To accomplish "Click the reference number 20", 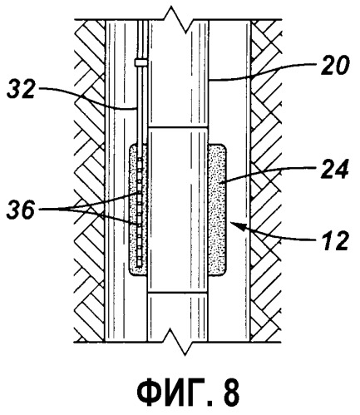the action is (335, 65).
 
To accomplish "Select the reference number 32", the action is (21, 89).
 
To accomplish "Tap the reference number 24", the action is (334, 170).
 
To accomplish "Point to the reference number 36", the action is (21, 210).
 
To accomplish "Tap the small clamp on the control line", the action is (141, 62).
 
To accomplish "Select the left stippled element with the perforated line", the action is (138, 210).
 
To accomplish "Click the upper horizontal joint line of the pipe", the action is (178, 128).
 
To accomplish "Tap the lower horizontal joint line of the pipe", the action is (178, 292).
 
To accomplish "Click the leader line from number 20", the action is (264, 73).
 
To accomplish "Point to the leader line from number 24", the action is (269, 172).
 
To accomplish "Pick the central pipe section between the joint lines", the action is (178, 210).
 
